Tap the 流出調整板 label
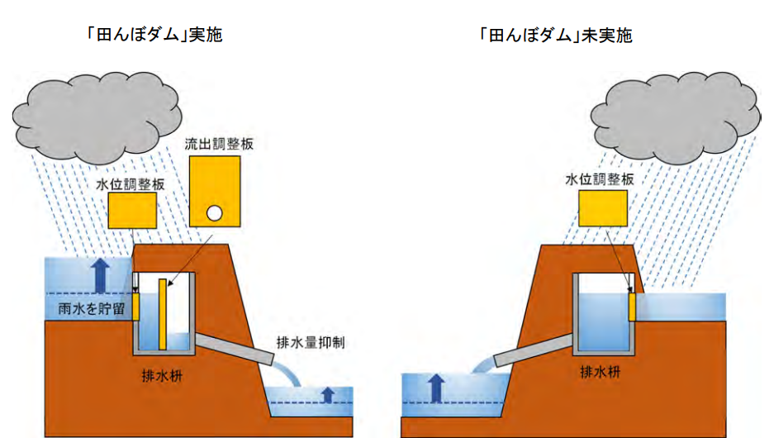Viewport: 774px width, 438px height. pos(220,144)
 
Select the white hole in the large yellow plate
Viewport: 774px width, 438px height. pos(213,213)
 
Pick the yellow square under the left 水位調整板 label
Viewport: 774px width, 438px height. pos(132,210)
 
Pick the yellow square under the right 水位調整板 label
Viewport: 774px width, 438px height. pos(602,207)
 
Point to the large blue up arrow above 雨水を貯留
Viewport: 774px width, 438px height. pos(100,274)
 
